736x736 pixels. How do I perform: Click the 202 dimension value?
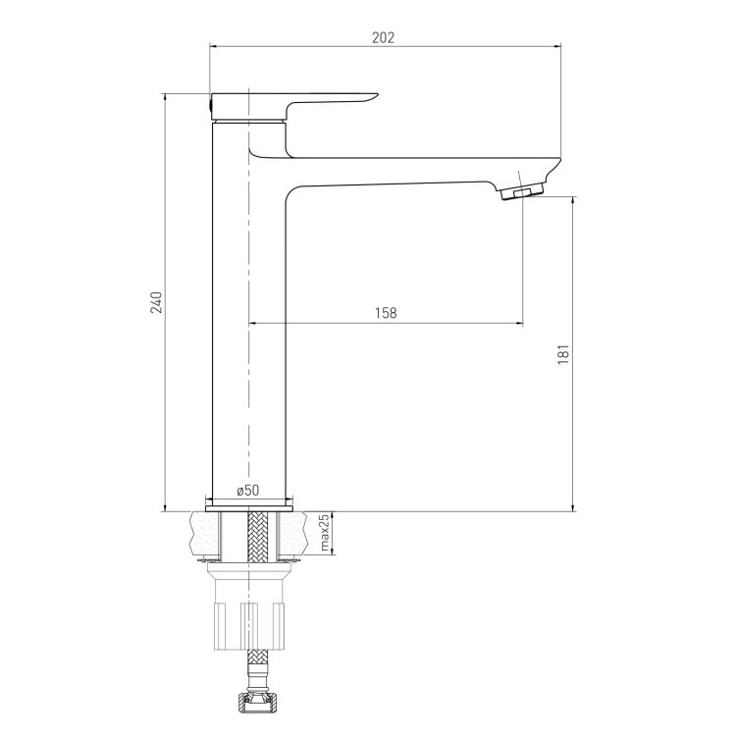coord(384,37)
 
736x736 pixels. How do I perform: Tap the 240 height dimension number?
coord(156,302)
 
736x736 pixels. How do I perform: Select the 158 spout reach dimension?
coord(386,313)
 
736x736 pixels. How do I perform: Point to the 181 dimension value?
coord(563,355)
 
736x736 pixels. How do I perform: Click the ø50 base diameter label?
coord(248,491)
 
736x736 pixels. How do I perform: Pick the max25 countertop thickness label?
coord(325,532)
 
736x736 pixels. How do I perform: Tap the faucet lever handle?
coord(293,106)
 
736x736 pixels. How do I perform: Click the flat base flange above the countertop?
coord(249,508)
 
